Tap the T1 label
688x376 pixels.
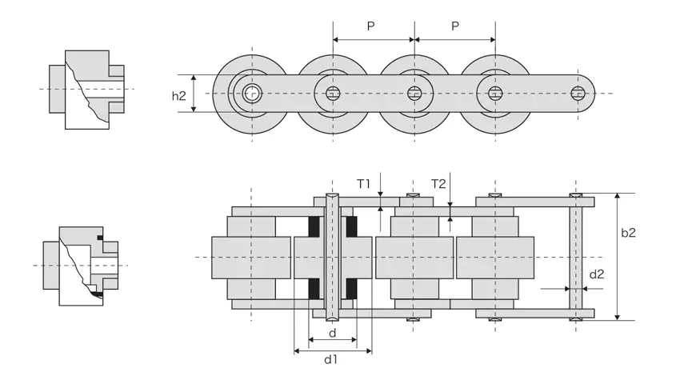pyautogui.click(x=364, y=184)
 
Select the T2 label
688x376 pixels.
pyautogui.click(x=438, y=184)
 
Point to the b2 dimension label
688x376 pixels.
pyautogui.click(x=629, y=233)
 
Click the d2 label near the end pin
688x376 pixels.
pyautogui.click(x=597, y=274)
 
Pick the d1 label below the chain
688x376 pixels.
pyautogui.click(x=330, y=360)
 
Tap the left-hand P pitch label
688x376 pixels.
pyautogui.click(x=371, y=26)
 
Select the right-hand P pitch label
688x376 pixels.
pyautogui.click(x=454, y=26)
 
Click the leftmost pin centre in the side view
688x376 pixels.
pyautogui.click(x=252, y=94)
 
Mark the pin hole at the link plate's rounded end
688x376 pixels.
pyautogui.click(x=578, y=94)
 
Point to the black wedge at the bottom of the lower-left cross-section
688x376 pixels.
pyautogui.click(x=98, y=294)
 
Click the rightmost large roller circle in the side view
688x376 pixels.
pyautogui.click(x=495, y=94)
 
